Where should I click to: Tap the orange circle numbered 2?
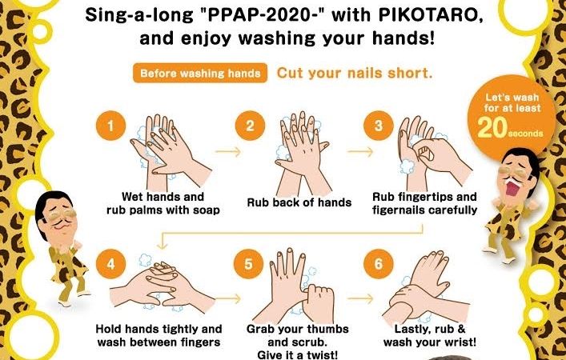(x=250, y=126)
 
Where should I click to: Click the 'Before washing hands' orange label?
(x=200, y=74)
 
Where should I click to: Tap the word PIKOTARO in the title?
(x=434, y=16)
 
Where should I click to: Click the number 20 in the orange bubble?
(x=492, y=128)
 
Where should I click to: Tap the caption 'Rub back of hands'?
(x=299, y=202)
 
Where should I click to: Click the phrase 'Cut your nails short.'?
(x=355, y=73)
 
